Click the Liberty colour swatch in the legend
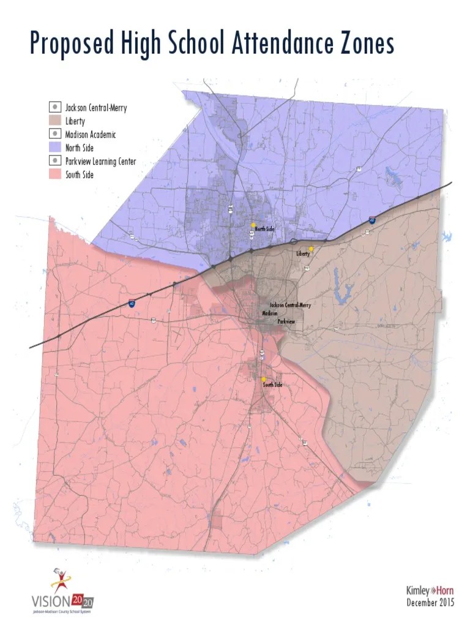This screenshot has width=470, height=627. (x=55, y=121)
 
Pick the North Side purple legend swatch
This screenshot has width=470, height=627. (x=55, y=148)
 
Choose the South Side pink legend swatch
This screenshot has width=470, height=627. (x=55, y=175)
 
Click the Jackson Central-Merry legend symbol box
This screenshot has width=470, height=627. (x=55, y=107)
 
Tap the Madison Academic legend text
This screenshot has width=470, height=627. (x=90, y=134)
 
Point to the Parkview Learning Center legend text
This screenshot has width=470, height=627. (x=100, y=161)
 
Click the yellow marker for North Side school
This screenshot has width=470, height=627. (x=252, y=225)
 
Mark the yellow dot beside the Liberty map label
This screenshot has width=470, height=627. (x=311, y=249)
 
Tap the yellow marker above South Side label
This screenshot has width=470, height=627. (x=263, y=379)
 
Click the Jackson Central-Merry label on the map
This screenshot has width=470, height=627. (x=290, y=305)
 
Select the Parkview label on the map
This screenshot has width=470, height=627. (x=286, y=321)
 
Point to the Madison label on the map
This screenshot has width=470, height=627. (x=269, y=313)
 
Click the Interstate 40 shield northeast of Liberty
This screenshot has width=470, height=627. (x=372, y=219)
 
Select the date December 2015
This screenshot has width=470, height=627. (x=430, y=603)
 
